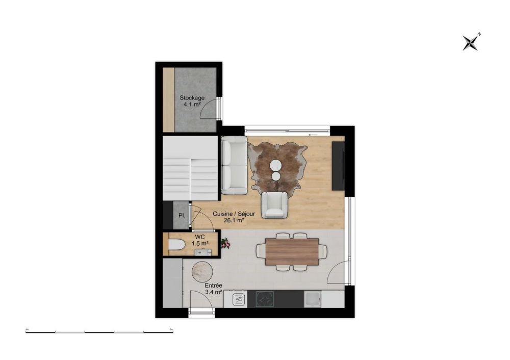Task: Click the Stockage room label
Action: tap(192, 97)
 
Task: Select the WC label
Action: tap(199, 237)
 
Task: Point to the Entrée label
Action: tap(213, 286)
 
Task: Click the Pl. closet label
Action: tap(182, 215)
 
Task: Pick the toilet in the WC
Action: tap(176, 246)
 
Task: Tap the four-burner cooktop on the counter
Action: tap(265, 299)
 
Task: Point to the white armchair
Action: tap(274, 205)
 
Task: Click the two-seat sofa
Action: tap(234, 165)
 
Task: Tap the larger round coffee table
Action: tap(276, 165)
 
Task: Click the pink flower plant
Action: tap(225, 244)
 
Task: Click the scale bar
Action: tap(100, 331)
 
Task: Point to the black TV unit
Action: tap(338, 165)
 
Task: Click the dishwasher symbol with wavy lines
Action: tap(239, 299)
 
